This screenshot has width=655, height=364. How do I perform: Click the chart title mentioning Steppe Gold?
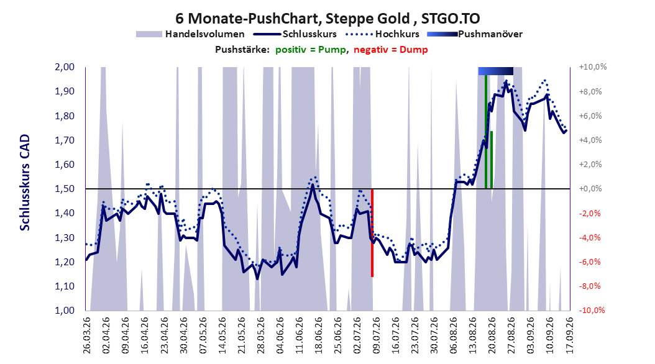327,19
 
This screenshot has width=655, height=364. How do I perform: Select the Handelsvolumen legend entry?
191,34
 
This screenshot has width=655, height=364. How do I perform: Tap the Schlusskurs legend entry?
295,34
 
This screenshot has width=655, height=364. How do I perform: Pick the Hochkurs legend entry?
383,34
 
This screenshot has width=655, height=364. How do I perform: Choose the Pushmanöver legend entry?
475,34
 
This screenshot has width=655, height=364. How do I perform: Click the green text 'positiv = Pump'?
311,50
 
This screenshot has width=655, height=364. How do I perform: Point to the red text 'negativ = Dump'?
391,50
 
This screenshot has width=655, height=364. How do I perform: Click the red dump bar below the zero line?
372,233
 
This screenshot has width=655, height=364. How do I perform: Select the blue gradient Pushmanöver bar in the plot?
495,71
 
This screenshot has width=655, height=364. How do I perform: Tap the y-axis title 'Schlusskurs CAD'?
25,183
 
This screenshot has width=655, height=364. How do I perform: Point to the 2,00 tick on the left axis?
65,67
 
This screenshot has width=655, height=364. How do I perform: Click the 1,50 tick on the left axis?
65,189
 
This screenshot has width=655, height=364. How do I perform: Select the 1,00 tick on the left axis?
65,310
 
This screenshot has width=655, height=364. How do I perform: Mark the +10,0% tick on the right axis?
593,67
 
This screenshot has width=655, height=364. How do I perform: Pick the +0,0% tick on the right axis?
590,189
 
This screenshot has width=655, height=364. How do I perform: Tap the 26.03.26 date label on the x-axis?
86,335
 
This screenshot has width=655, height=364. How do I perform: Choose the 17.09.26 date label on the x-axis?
569,335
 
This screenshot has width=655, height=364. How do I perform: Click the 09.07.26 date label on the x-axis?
376,335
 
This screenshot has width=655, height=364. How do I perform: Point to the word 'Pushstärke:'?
242,50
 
